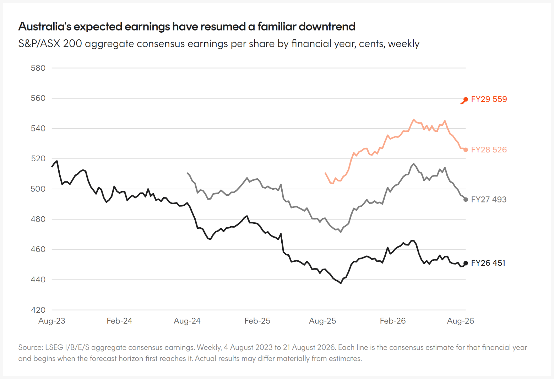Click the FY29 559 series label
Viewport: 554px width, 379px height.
click(x=489, y=99)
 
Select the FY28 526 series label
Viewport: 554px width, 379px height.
click(x=489, y=150)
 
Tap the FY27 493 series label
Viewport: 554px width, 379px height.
click(x=489, y=199)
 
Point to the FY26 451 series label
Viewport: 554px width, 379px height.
click(x=488, y=263)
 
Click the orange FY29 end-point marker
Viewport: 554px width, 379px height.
click(x=466, y=100)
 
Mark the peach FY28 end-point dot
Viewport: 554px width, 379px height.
click(x=466, y=150)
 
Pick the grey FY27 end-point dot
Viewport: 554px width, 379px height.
click(x=466, y=200)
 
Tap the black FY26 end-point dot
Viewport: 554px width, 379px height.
click(x=466, y=263)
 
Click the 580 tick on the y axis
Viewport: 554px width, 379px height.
click(x=38, y=68)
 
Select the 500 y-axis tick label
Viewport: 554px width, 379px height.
click(x=38, y=189)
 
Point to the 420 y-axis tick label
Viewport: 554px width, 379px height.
click(x=38, y=310)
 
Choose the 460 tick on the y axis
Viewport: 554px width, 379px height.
click(x=38, y=249)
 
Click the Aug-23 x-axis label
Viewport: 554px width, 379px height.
click(x=52, y=321)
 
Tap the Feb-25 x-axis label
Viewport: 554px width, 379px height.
click(x=257, y=321)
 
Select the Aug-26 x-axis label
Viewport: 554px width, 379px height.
click(x=461, y=321)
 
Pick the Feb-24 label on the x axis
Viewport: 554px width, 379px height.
click(x=119, y=321)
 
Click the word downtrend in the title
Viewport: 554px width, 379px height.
click(x=327, y=27)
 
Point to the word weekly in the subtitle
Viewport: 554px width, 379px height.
click(x=404, y=44)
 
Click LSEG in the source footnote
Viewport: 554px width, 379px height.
click(x=54, y=347)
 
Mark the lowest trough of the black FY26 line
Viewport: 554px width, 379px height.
click(x=341, y=283)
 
